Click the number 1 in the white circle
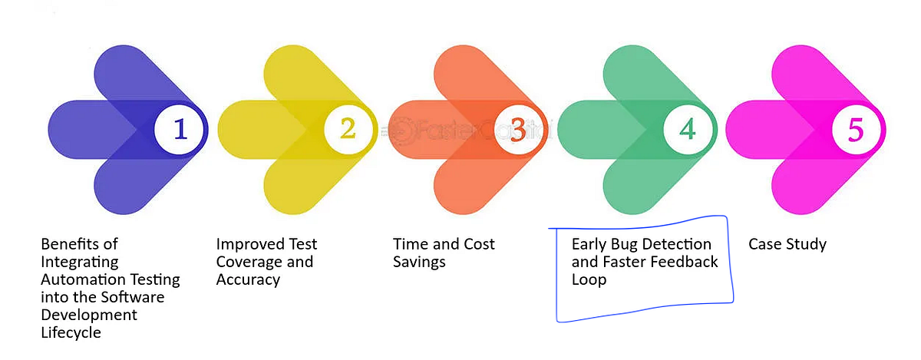click(180, 130)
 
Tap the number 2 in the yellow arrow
click(348, 129)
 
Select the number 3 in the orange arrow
click(518, 130)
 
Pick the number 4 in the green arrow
click(687, 130)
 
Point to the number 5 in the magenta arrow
click(856, 130)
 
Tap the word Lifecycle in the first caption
click(71, 332)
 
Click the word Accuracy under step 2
click(248, 279)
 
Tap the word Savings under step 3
click(419, 262)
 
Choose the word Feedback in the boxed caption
click(683, 262)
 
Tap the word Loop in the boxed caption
click(589, 279)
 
